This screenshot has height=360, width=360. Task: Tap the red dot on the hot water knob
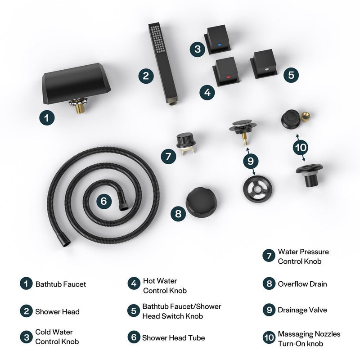tap(229, 77)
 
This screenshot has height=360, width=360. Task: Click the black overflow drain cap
tap(201, 202)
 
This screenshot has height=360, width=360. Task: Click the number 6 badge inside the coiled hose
tap(104, 201)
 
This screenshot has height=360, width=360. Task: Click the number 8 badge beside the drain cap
tap(178, 213)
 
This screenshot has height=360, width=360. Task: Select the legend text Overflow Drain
tap(302, 284)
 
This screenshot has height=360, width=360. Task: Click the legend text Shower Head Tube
tap(173, 337)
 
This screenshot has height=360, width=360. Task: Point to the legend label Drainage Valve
tap(302, 310)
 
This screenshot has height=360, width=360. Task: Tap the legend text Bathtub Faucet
tap(61, 284)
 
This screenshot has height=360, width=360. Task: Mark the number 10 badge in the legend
tap(269, 337)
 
